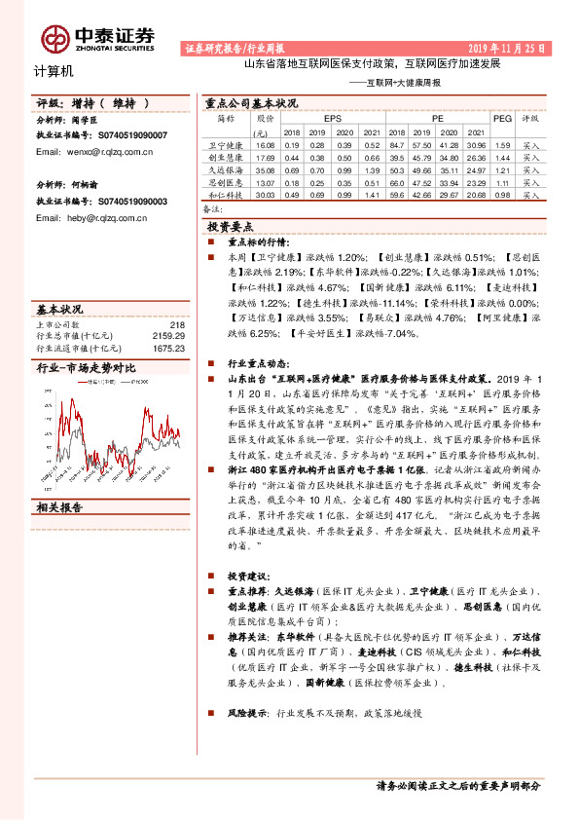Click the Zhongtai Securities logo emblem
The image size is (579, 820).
[54, 37]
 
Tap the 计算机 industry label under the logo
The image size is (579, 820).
[54, 71]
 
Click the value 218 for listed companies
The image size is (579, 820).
[176, 324]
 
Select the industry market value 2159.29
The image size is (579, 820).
[169, 336]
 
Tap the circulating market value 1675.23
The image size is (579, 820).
[169, 347]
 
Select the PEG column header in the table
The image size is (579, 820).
[502, 118]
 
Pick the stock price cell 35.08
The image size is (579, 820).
[264, 169]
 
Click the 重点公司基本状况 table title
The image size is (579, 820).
[251, 101]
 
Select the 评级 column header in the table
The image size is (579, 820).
[531, 118]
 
